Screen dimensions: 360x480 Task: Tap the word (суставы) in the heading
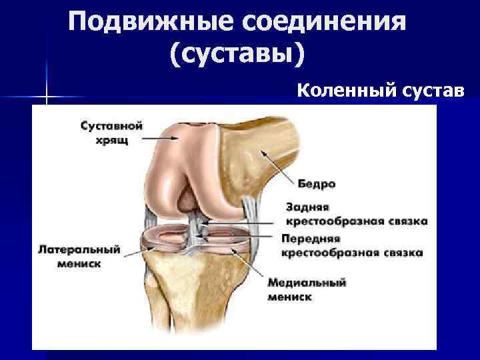pos(238,55)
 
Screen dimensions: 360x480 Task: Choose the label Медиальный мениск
pos(307,289)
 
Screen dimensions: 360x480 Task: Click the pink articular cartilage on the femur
pos(180,173)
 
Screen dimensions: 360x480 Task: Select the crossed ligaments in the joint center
pos(197,230)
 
